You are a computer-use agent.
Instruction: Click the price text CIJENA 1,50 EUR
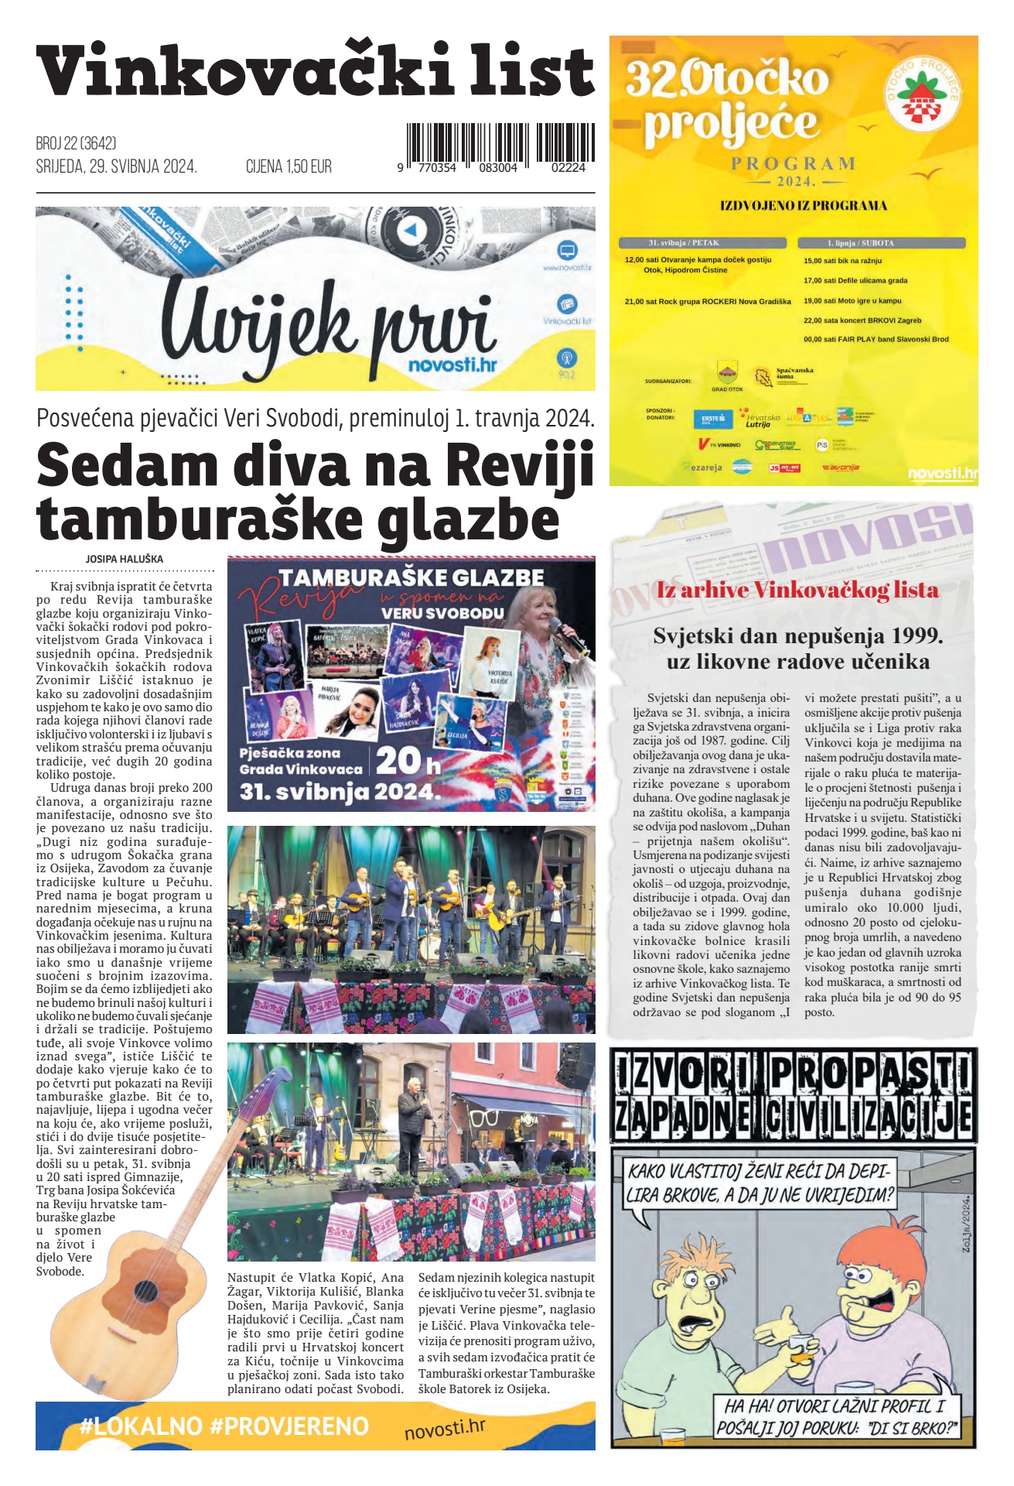(288, 166)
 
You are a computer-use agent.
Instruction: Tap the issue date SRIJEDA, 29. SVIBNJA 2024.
(116, 166)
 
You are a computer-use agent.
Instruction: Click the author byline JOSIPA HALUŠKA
(125, 559)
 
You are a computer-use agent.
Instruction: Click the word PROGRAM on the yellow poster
(794, 163)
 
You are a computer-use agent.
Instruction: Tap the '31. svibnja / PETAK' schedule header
(684, 242)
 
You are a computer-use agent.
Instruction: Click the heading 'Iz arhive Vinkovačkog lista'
(797, 590)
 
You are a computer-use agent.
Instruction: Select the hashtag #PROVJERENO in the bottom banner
(289, 1426)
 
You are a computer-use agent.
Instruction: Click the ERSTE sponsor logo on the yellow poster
(712, 419)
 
